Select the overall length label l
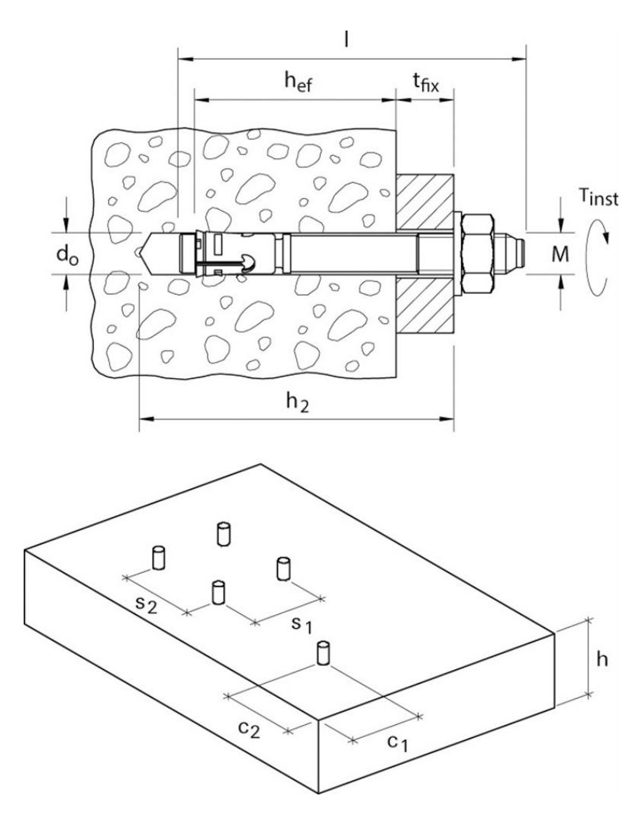(x=346, y=39)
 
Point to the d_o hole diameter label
(x=67, y=255)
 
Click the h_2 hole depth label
(x=297, y=403)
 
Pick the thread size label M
(x=560, y=254)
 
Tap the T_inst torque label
(x=599, y=197)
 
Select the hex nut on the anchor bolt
(x=477, y=253)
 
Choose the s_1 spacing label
(x=302, y=625)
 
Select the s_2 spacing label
(x=146, y=604)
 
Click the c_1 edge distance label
(x=398, y=742)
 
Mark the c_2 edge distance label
(x=249, y=729)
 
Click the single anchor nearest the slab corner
(x=324, y=653)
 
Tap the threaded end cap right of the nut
(x=509, y=253)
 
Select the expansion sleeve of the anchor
(x=230, y=253)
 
